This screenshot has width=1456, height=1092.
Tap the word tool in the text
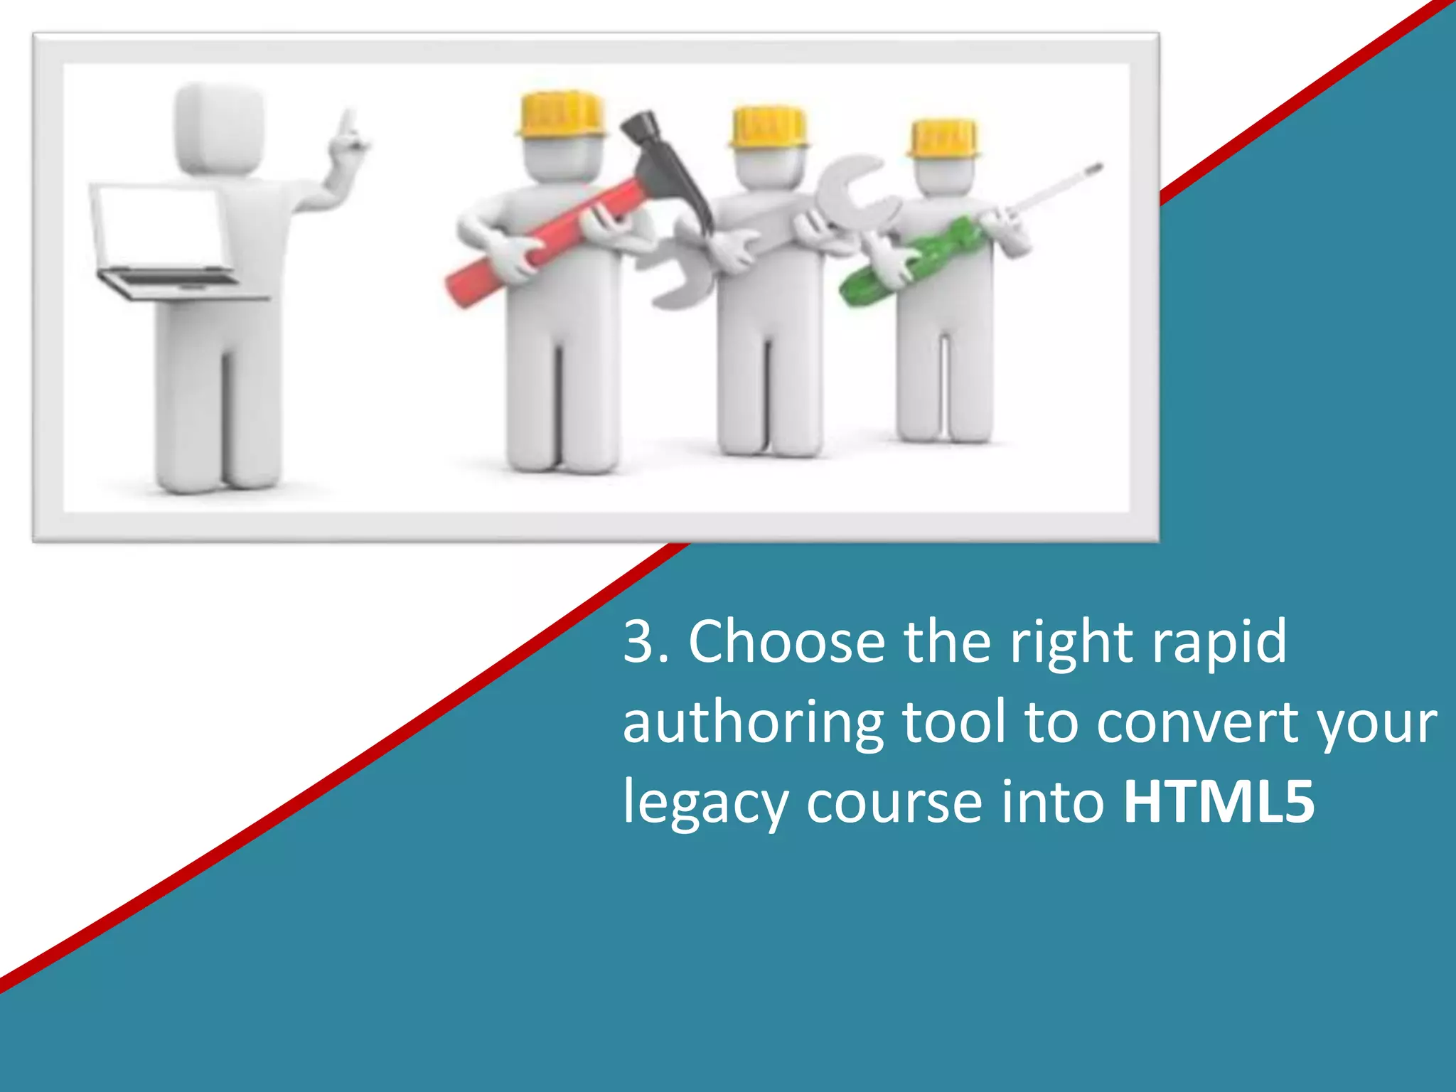[x=954, y=722]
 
